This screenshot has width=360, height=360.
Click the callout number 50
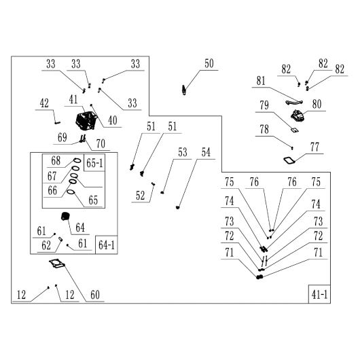tap(209, 64)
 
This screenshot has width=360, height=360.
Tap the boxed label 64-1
tap(106, 245)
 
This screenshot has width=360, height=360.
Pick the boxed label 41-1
tap(319, 294)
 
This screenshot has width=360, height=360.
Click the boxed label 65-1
tap(94, 163)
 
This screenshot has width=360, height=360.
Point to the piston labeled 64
tap(65, 217)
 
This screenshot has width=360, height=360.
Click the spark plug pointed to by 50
tap(183, 90)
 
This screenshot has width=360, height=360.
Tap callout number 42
tap(44, 103)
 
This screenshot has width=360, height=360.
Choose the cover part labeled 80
tap(298, 115)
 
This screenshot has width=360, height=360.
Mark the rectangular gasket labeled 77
tap(289, 160)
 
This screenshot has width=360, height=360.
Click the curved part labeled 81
tap(294, 103)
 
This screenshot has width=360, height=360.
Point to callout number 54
tap(206, 152)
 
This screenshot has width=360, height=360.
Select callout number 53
tap(183, 152)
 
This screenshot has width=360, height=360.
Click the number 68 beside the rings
tap(56, 161)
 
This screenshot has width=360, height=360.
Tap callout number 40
tap(113, 120)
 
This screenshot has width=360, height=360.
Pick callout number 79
tap(264, 105)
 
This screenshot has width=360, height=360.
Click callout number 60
tap(95, 295)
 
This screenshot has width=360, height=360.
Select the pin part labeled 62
tap(61, 239)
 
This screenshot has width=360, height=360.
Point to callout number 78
tap(264, 130)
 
